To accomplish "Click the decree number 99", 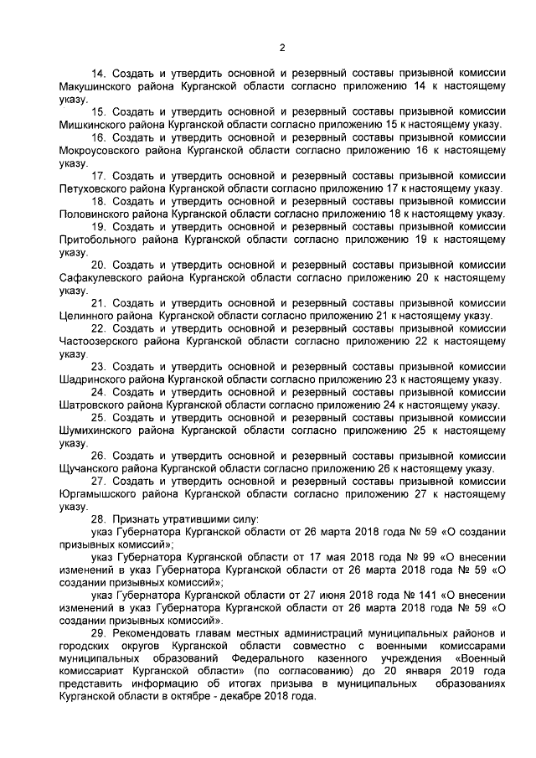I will coord(393,557).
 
